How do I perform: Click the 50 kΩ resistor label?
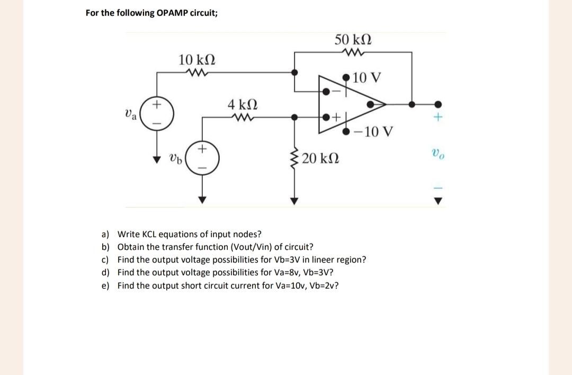point(353,39)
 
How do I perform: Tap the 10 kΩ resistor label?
point(196,59)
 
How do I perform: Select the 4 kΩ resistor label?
point(243,104)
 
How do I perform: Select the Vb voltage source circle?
point(201,158)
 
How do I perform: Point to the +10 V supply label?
point(366,78)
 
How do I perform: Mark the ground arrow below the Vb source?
point(201,200)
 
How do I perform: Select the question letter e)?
point(105,286)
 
